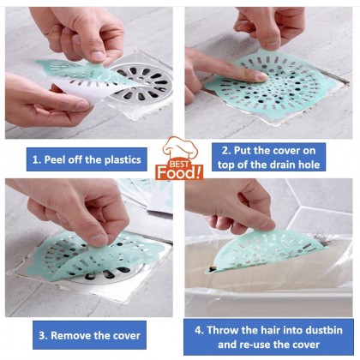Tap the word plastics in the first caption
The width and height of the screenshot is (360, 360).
point(123,159)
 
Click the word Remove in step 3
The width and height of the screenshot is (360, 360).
point(69,335)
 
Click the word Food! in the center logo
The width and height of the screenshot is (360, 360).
point(179,172)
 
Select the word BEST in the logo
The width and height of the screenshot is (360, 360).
point(179,164)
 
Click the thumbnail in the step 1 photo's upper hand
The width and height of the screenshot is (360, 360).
point(98,56)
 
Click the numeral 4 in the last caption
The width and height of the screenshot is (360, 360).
point(199,330)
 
